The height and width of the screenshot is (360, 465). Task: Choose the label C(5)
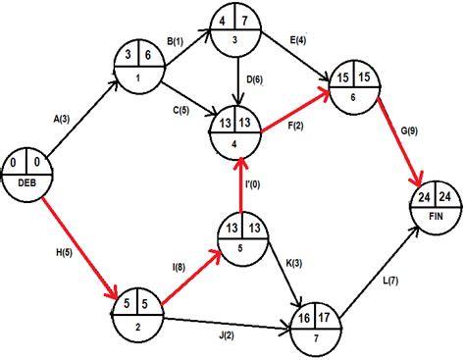click(x=179, y=109)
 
